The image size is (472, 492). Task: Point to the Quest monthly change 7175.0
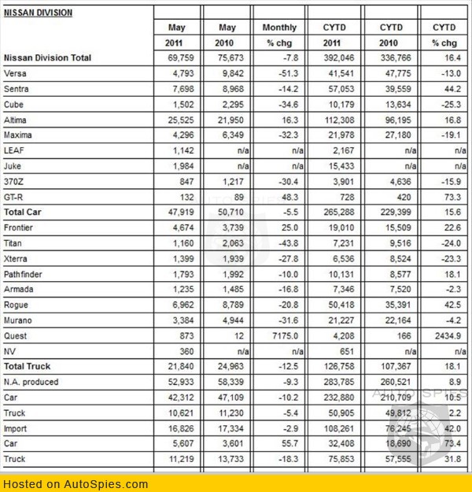pos(284,335)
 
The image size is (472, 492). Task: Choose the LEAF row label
pos(15,150)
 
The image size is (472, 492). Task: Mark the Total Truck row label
pos(28,366)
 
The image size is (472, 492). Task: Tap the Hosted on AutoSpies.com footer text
pos(75,484)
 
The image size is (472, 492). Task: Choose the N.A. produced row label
pos(31,382)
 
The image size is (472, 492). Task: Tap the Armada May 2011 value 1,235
pos(183,289)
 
